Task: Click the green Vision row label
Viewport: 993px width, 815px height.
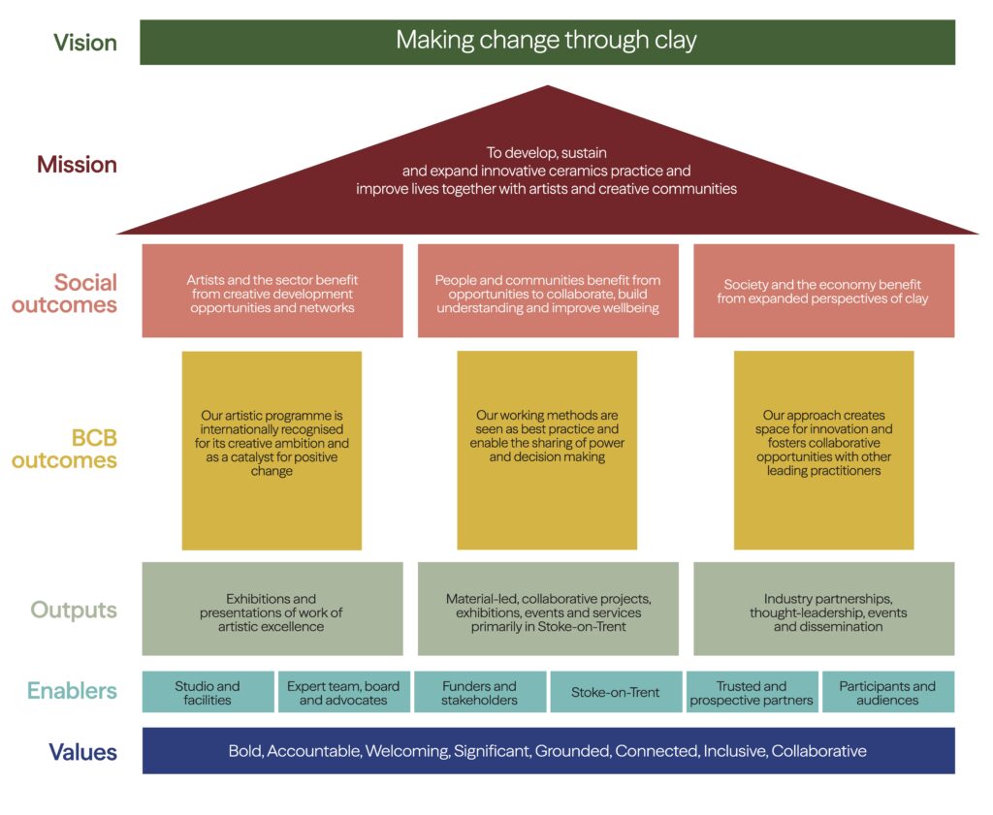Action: pos(85,43)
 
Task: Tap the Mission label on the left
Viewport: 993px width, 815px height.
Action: pos(77,165)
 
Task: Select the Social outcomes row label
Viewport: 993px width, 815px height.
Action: pos(85,294)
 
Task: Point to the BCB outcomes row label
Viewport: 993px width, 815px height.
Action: pos(64,450)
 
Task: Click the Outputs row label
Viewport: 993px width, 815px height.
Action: pos(74,610)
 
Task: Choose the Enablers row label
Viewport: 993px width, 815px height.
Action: pos(72,691)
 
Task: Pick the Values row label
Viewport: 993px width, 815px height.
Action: pos(82,752)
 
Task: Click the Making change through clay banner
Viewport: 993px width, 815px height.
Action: pos(547,42)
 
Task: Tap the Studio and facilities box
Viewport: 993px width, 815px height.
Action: pos(208,692)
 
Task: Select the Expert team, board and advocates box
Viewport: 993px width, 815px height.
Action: pos(343,692)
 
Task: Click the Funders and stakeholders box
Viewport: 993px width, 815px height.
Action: pos(480,692)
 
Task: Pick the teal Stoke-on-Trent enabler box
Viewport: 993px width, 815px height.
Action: pos(616,692)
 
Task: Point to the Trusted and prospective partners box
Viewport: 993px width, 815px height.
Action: pos(752,692)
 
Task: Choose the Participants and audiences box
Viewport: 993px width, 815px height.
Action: pos(887,692)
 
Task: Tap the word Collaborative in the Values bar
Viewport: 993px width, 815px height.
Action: pos(818,751)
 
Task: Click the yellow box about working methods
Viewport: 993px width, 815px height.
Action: pos(547,450)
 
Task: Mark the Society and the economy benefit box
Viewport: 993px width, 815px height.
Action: pos(823,291)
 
